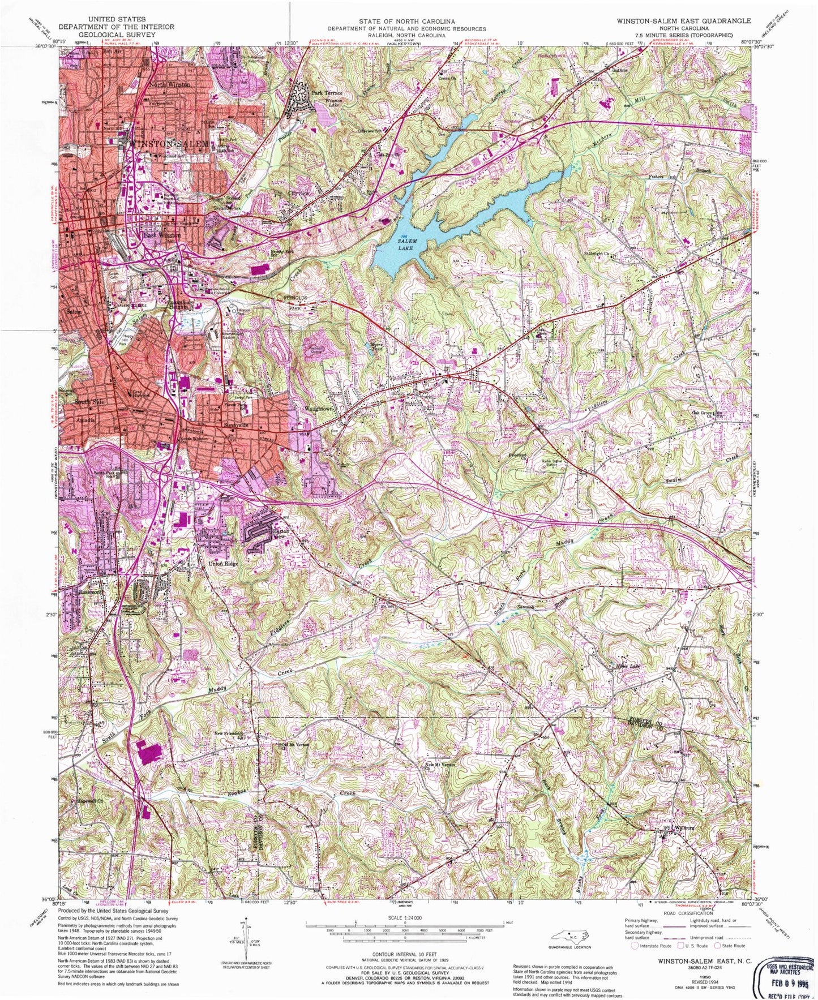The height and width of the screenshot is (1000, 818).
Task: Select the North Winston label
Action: (x=169, y=84)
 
